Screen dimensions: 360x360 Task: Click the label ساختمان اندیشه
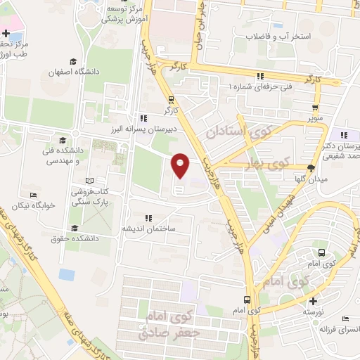pyautogui.click(x=149, y=229)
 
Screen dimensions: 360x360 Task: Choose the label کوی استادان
pyautogui.click(x=236, y=131)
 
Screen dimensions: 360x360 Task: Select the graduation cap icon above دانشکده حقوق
pyautogui.click(x=75, y=227)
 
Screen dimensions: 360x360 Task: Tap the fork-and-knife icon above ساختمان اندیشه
pyautogui.click(x=148, y=217)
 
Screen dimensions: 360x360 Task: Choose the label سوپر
pyautogui.click(x=314, y=119)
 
